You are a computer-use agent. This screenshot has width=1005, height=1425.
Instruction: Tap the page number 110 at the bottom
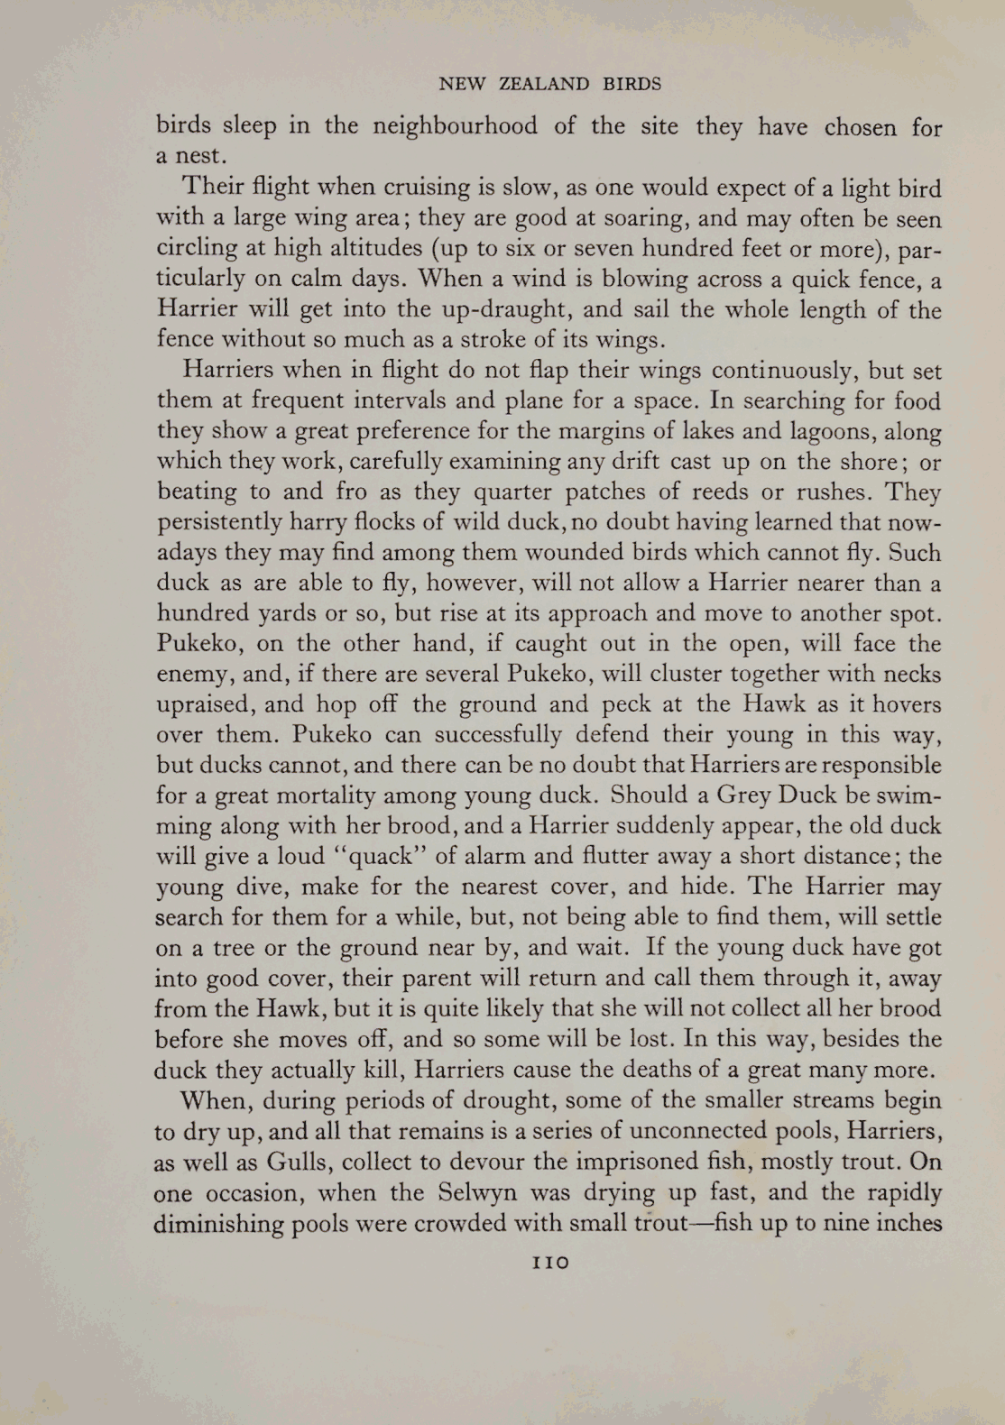[x=550, y=1262]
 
